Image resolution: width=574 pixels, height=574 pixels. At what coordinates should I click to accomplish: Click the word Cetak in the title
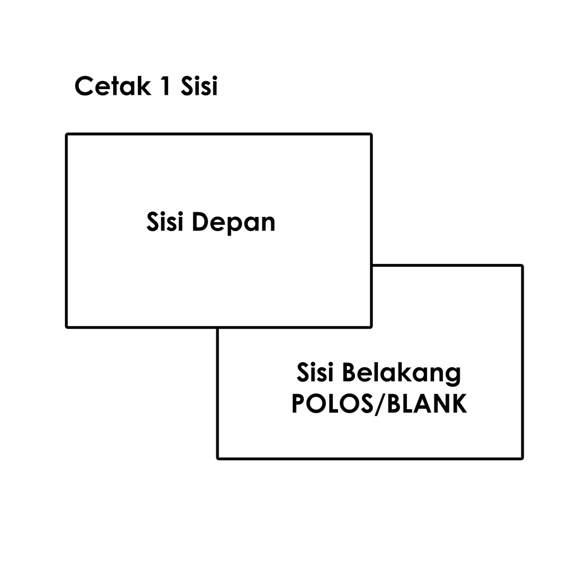click(112, 87)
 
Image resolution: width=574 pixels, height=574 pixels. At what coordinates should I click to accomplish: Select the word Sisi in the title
click(198, 87)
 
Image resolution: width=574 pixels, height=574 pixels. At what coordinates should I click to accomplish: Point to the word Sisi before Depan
click(166, 221)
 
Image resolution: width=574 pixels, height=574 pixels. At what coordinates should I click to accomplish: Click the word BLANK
click(427, 404)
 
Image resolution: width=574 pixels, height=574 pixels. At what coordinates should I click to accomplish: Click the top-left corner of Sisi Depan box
click(67, 135)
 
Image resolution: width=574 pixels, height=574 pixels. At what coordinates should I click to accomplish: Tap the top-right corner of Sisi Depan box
click(371, 135)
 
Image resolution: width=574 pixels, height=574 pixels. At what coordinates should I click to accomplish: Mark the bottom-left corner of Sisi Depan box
click(67, 326)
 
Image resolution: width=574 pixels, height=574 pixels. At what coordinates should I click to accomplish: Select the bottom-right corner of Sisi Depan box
click(371, 326)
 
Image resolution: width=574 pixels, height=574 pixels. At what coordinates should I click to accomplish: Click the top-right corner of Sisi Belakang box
click(522, 266)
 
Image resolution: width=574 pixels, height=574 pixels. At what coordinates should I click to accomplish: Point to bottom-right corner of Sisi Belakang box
click(522, 458)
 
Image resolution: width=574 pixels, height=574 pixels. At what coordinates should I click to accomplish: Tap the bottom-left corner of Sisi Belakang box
click(218, 458)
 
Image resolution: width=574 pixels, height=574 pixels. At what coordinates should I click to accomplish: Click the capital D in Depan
click(200, 222)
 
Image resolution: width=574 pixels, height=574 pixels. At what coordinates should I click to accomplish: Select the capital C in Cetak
click(84, 87)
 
